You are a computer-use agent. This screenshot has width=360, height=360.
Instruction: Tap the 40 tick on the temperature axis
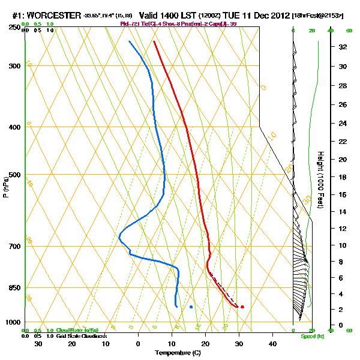(272, 343)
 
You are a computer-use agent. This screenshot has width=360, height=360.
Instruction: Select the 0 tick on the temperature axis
(139, 343)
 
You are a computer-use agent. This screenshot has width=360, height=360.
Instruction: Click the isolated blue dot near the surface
(191, 307)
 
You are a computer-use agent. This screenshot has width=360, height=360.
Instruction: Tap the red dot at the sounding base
(242, 307)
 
